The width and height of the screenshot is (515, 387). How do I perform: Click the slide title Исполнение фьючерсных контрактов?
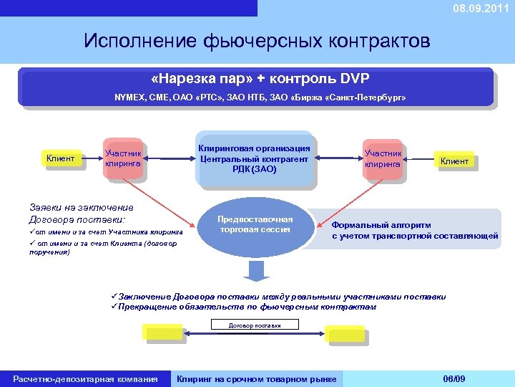(x=257, y=40)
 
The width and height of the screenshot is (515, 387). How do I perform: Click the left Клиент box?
(x=60, y=158)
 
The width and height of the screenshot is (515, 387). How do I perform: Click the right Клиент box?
(x=454, y=161)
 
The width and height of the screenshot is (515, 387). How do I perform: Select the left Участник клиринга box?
(x=123, y=158)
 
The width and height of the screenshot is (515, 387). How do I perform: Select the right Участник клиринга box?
(x=383, y=158)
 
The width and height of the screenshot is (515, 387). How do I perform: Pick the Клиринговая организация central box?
(x=255, y=158)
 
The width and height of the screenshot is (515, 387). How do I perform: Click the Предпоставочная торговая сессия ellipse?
(x=255, y=224)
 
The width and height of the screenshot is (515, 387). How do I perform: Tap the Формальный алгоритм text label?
(x=381, y=224)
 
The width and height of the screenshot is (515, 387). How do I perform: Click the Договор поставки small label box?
(x=255, y=325)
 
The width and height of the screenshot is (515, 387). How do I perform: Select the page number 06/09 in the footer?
(x=454, y=378)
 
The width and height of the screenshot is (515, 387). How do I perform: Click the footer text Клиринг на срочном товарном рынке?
(x=257, y=378)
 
